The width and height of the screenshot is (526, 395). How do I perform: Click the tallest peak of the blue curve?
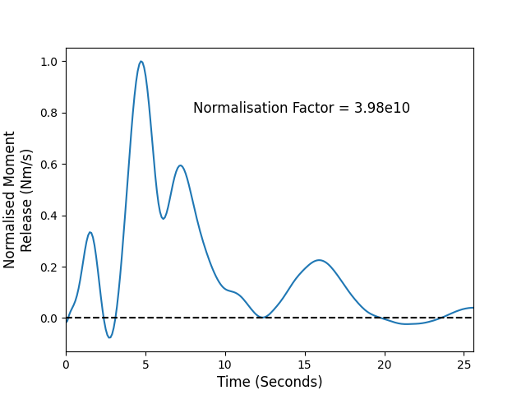[141, 62]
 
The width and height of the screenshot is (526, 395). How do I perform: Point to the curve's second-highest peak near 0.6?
[181, 165]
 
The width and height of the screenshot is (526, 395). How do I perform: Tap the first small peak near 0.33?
[90, 232]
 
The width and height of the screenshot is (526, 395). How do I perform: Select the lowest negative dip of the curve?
[109, 337]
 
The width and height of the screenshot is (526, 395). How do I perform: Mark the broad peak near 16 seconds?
[319, 260]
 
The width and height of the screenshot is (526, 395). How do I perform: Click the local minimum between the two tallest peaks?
[163, 218]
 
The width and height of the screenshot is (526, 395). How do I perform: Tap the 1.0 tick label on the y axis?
[49, 62]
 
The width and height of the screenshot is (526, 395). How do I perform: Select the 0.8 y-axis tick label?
[49, 114]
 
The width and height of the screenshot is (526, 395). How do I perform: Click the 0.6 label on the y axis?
[49, 165]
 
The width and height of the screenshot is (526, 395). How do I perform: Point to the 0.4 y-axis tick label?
[49, 216]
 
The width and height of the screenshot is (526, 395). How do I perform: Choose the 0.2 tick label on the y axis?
[49, 267]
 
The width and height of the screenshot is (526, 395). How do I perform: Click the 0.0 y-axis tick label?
[49, 318]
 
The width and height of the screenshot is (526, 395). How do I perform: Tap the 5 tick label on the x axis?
[145, 365]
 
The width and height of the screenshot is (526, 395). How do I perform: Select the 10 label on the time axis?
[225, 365]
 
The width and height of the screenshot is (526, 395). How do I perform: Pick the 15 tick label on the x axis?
[305, 365]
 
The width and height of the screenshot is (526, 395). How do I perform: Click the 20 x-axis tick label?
[385, 365]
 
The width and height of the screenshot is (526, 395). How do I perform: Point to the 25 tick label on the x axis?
[464, 365]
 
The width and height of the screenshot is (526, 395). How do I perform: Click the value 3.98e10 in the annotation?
[382, 108]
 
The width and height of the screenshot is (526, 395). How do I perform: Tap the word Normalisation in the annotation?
[241, 108]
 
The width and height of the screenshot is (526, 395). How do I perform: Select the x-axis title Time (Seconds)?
[270, 382]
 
